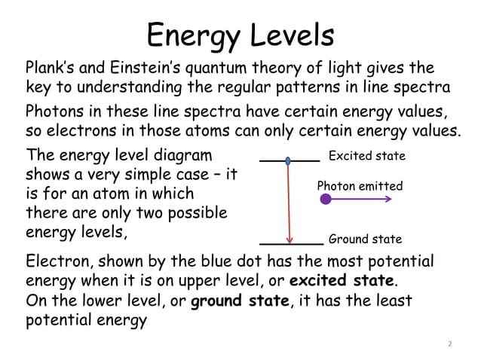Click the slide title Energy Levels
[240, 35]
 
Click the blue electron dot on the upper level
[288, 160]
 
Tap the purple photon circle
[325, 200]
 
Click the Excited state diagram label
[367, 157]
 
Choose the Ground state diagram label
[365, 239]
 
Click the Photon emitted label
[360, 186]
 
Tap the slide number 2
[449, 344]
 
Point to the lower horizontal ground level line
[291, 244]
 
